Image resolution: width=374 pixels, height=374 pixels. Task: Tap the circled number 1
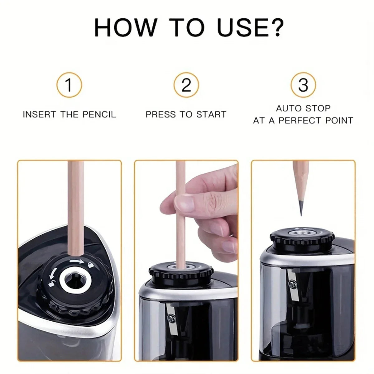coord(69,85)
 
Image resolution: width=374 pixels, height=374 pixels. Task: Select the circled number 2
coord(186,85)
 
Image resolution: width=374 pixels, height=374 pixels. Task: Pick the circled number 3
coord(303,85)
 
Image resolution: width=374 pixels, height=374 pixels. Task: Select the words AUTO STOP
coord(303,108)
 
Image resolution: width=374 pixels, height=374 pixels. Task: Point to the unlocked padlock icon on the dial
coord(51,283)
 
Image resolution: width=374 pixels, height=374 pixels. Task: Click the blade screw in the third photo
coord(293,284)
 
